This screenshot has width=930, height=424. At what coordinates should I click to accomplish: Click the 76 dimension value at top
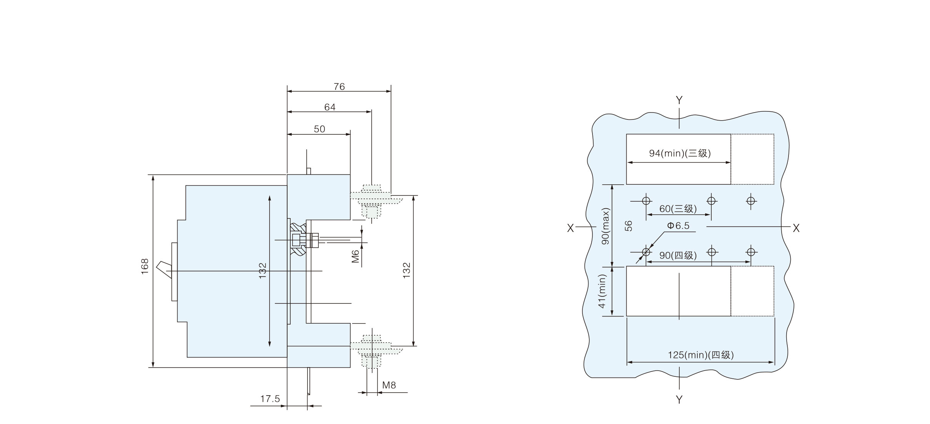[x=339, y=87]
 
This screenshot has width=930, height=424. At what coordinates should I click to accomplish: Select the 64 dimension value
[x=330, y=107]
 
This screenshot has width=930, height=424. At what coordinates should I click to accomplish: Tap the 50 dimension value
[x=319, y=129]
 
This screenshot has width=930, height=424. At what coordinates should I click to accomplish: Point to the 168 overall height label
[x=145, y=266]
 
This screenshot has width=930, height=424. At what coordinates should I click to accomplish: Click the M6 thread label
[x=356, y=256]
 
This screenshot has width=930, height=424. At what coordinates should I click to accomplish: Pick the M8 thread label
[x=389, y=385]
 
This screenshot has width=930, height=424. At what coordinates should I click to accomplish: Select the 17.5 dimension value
[x=270, y=399]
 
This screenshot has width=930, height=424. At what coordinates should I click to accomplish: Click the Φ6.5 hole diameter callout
[x=678, y=226]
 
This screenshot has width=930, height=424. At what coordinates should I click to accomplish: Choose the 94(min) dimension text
[x=680, y=154]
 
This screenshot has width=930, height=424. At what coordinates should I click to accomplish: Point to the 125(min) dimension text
[x=700, y=355]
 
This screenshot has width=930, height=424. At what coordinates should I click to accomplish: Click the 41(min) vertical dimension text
[x=602, y=291]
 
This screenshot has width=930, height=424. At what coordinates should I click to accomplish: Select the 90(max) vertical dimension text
[x=606, y=227]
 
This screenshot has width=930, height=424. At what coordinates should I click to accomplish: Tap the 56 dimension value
[x=628, y=226]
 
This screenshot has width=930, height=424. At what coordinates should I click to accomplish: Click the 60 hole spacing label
[x=678, y=209]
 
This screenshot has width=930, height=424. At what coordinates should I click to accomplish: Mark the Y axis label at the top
[x=679, y=100]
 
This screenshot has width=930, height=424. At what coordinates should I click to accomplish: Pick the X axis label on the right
[x=796, y=228]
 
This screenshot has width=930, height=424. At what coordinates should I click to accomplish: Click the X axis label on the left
[x=571, y=228]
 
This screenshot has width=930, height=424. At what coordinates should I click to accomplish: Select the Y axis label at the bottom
[x=679, y=399]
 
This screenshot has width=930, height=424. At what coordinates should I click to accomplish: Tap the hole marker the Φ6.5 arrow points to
[x=646, y=252]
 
